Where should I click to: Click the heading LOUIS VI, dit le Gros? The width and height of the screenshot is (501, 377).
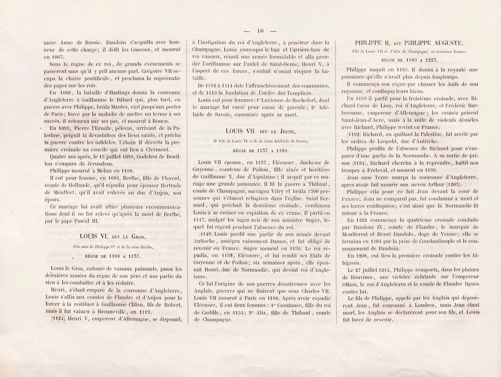113,237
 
